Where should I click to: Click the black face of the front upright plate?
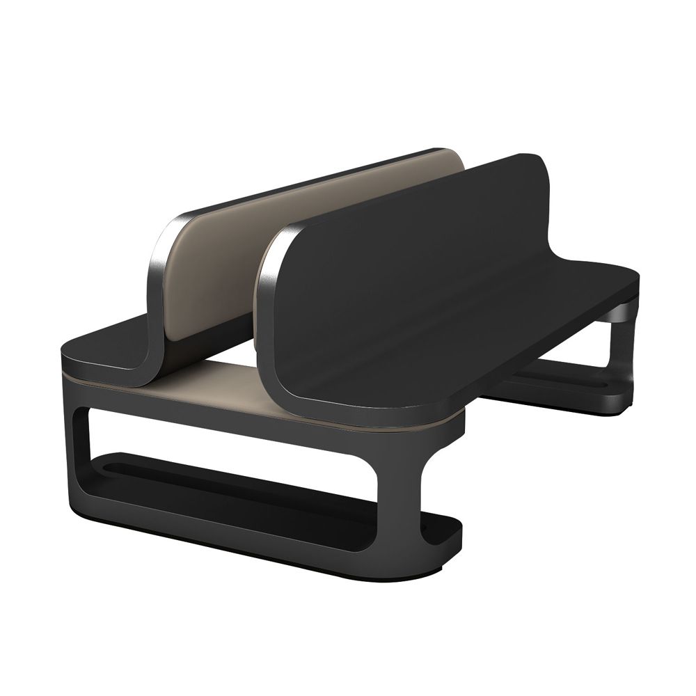pos(404,278)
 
